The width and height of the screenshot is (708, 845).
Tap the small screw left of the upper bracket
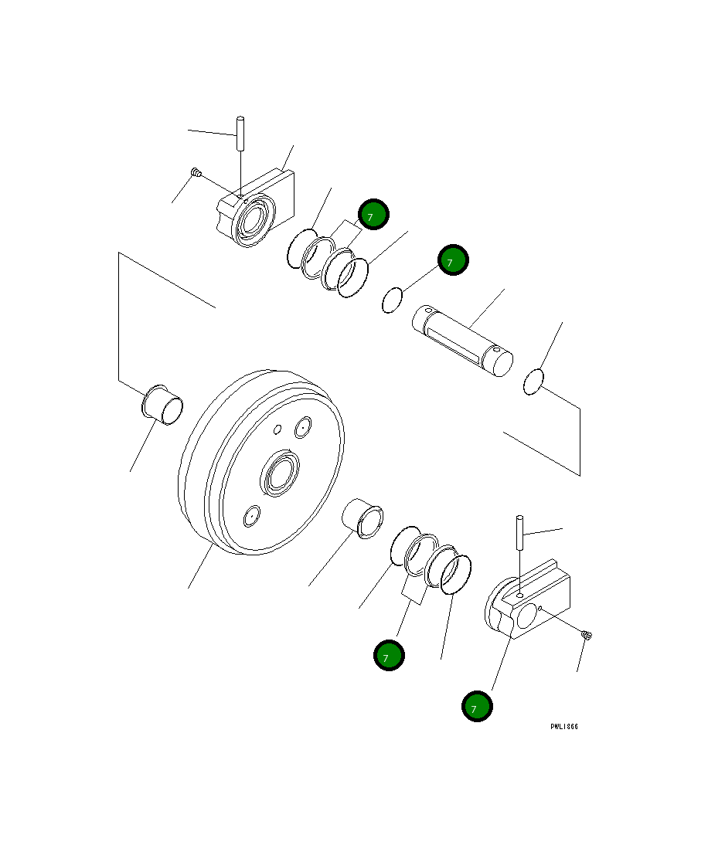coord(196,174)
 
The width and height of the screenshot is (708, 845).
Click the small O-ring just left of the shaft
coord(393,300)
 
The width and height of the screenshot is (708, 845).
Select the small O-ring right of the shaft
coord(534,382)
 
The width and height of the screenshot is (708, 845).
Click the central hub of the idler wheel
coord(281,473)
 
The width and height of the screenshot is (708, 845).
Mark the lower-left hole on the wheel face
coord(251,516)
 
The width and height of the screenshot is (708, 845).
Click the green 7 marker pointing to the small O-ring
coord(453,260)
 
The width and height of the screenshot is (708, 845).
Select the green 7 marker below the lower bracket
coord(477,706)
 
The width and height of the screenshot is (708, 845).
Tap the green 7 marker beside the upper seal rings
coord(373,215)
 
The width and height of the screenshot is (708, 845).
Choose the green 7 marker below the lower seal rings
coord(388,656)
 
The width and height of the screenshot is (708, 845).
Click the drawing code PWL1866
coord(564,727)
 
